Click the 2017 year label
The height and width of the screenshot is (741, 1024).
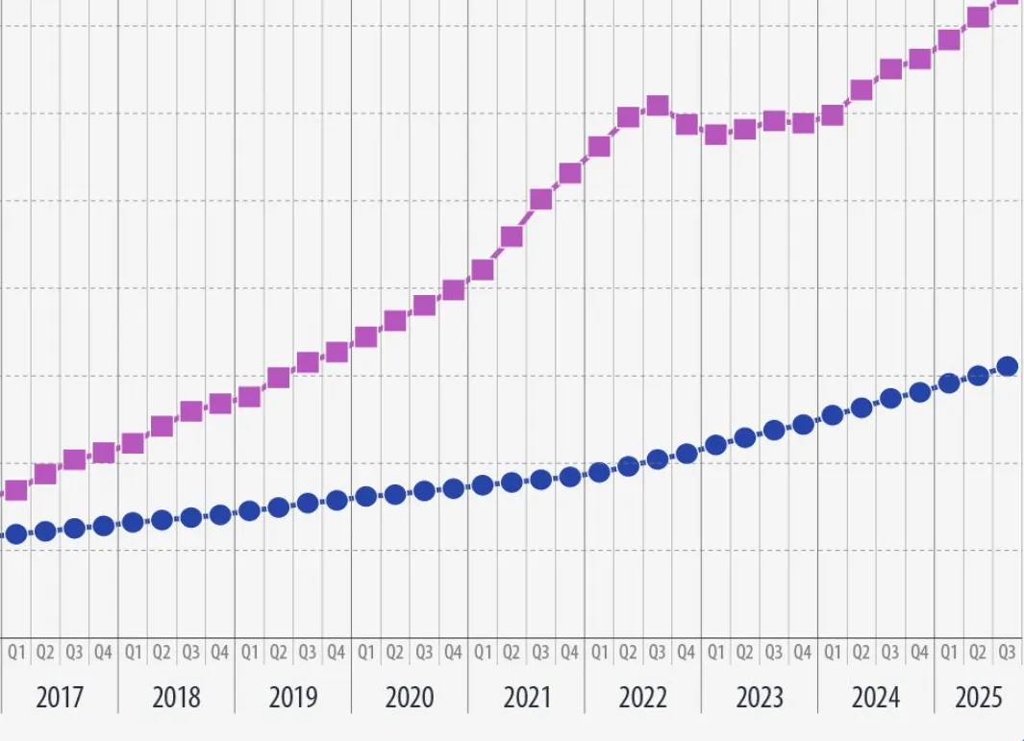[60, 697]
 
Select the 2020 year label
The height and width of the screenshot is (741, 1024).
[410, 697]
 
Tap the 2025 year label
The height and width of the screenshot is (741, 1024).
[979, 697]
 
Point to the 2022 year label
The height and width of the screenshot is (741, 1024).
[642, 697]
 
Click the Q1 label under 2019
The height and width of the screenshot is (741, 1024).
[249, 653]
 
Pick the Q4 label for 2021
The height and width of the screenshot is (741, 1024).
[570, 653]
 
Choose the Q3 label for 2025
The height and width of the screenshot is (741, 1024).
[1007, 653]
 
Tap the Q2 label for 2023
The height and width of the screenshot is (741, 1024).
[744, 653]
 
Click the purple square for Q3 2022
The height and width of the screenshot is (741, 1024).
[658, 106]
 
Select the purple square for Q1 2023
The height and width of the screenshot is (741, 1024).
[715, 135]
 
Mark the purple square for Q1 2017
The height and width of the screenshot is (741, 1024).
[16, 491]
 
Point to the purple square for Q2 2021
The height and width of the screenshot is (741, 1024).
[512, 236]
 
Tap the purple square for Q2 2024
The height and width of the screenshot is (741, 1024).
[862, 90]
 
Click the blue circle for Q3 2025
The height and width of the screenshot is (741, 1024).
[1008, 366]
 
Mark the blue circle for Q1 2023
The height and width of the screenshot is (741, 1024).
[715, 445]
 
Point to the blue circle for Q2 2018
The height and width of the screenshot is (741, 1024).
[162, 520]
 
